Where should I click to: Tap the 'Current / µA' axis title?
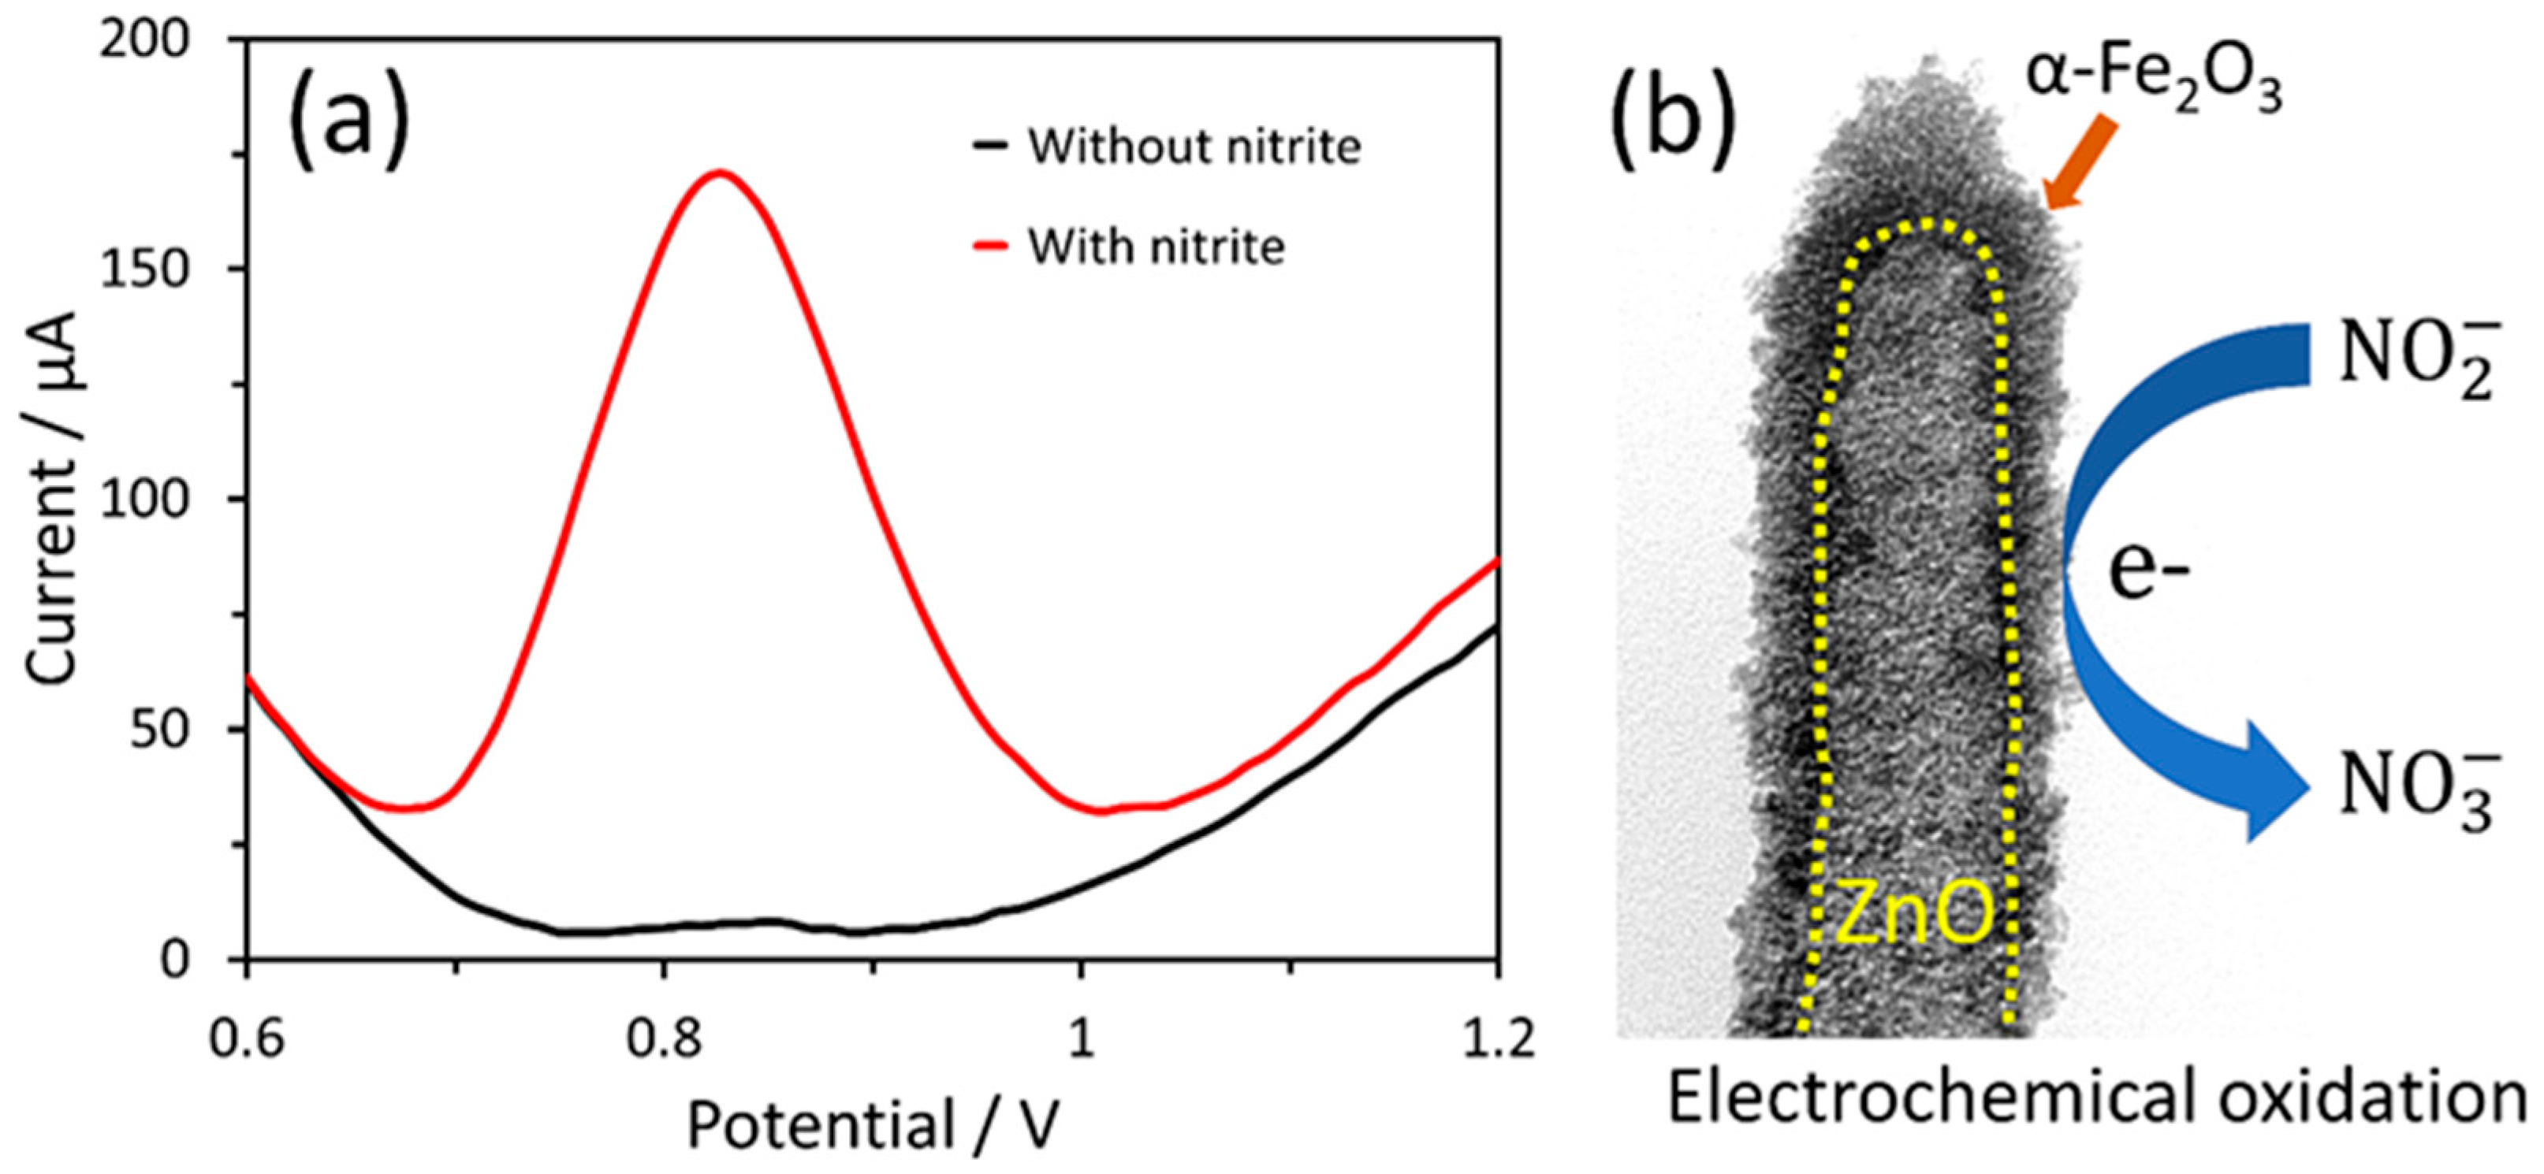(51, 499)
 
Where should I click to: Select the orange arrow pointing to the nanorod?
(2080, 164)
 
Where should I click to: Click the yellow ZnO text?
(1913, 916)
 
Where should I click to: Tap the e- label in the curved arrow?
(2149, 572)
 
